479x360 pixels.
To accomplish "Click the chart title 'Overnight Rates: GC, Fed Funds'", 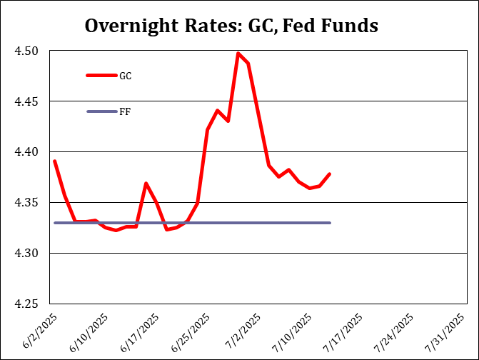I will pyautogui.click(x=231, y=26).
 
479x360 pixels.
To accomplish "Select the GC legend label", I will pyautogui.click(x=125, y=75).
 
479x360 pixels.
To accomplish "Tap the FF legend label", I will pyautogui.click(x=125, y=111).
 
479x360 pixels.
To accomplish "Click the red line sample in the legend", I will pyautogui.click(x=101, y=75).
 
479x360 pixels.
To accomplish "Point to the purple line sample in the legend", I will pyautogui.click(x=101, y=111).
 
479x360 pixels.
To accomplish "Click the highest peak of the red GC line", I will pyautogui.click(x=238, y=53).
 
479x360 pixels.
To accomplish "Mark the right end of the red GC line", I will pyautogui.click(x=330, y=174).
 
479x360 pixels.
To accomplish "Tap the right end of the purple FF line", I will pyautogui.click(x=330, y=223).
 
